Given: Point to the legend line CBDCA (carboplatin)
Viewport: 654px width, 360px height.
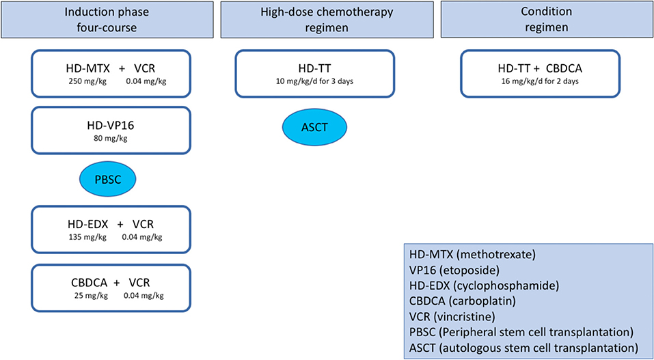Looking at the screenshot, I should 462,301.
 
